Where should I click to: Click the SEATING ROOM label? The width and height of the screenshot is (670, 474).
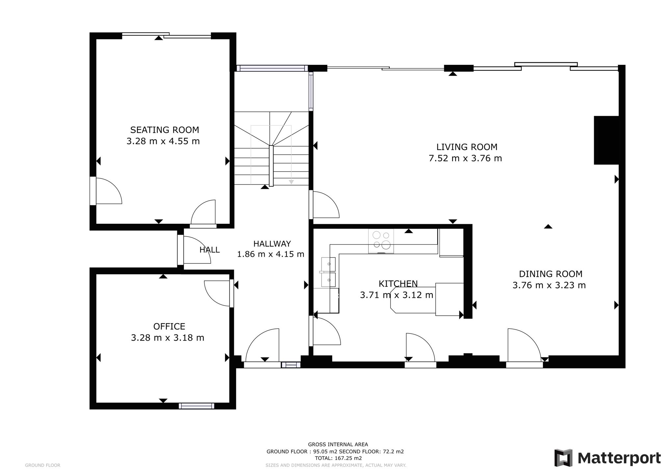coord(165,130)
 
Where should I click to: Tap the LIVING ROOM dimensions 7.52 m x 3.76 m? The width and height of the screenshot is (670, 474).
coord(465,158)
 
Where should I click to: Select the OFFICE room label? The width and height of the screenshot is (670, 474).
coord(169,327)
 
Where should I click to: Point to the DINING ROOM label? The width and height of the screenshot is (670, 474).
coord(551,274)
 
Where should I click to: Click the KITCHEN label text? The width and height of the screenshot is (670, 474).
coord(398,283)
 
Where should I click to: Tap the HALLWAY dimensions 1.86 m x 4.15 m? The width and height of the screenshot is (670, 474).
coord(271,254)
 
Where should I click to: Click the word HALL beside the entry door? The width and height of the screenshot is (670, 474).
coord(210,250)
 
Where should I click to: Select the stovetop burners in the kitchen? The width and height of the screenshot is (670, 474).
coord(381,241)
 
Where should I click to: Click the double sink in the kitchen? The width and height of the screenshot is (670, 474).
coord(328,272)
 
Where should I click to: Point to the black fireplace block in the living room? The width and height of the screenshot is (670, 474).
coord(606,140)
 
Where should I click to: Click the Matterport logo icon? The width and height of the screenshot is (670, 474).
coord(563,458)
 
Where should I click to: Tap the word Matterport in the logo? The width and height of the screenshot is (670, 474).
coord(619,458)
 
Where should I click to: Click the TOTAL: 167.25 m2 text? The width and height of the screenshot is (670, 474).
coord(338,458)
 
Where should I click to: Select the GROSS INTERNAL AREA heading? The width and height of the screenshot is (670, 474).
coord(338,444)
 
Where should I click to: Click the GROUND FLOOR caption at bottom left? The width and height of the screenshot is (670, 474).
coord(43,465)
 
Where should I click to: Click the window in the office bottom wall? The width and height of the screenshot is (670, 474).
coord(196,406)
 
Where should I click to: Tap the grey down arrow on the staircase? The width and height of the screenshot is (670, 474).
coord(291,182)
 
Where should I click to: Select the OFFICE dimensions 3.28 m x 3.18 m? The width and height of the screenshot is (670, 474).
coord(167,338)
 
